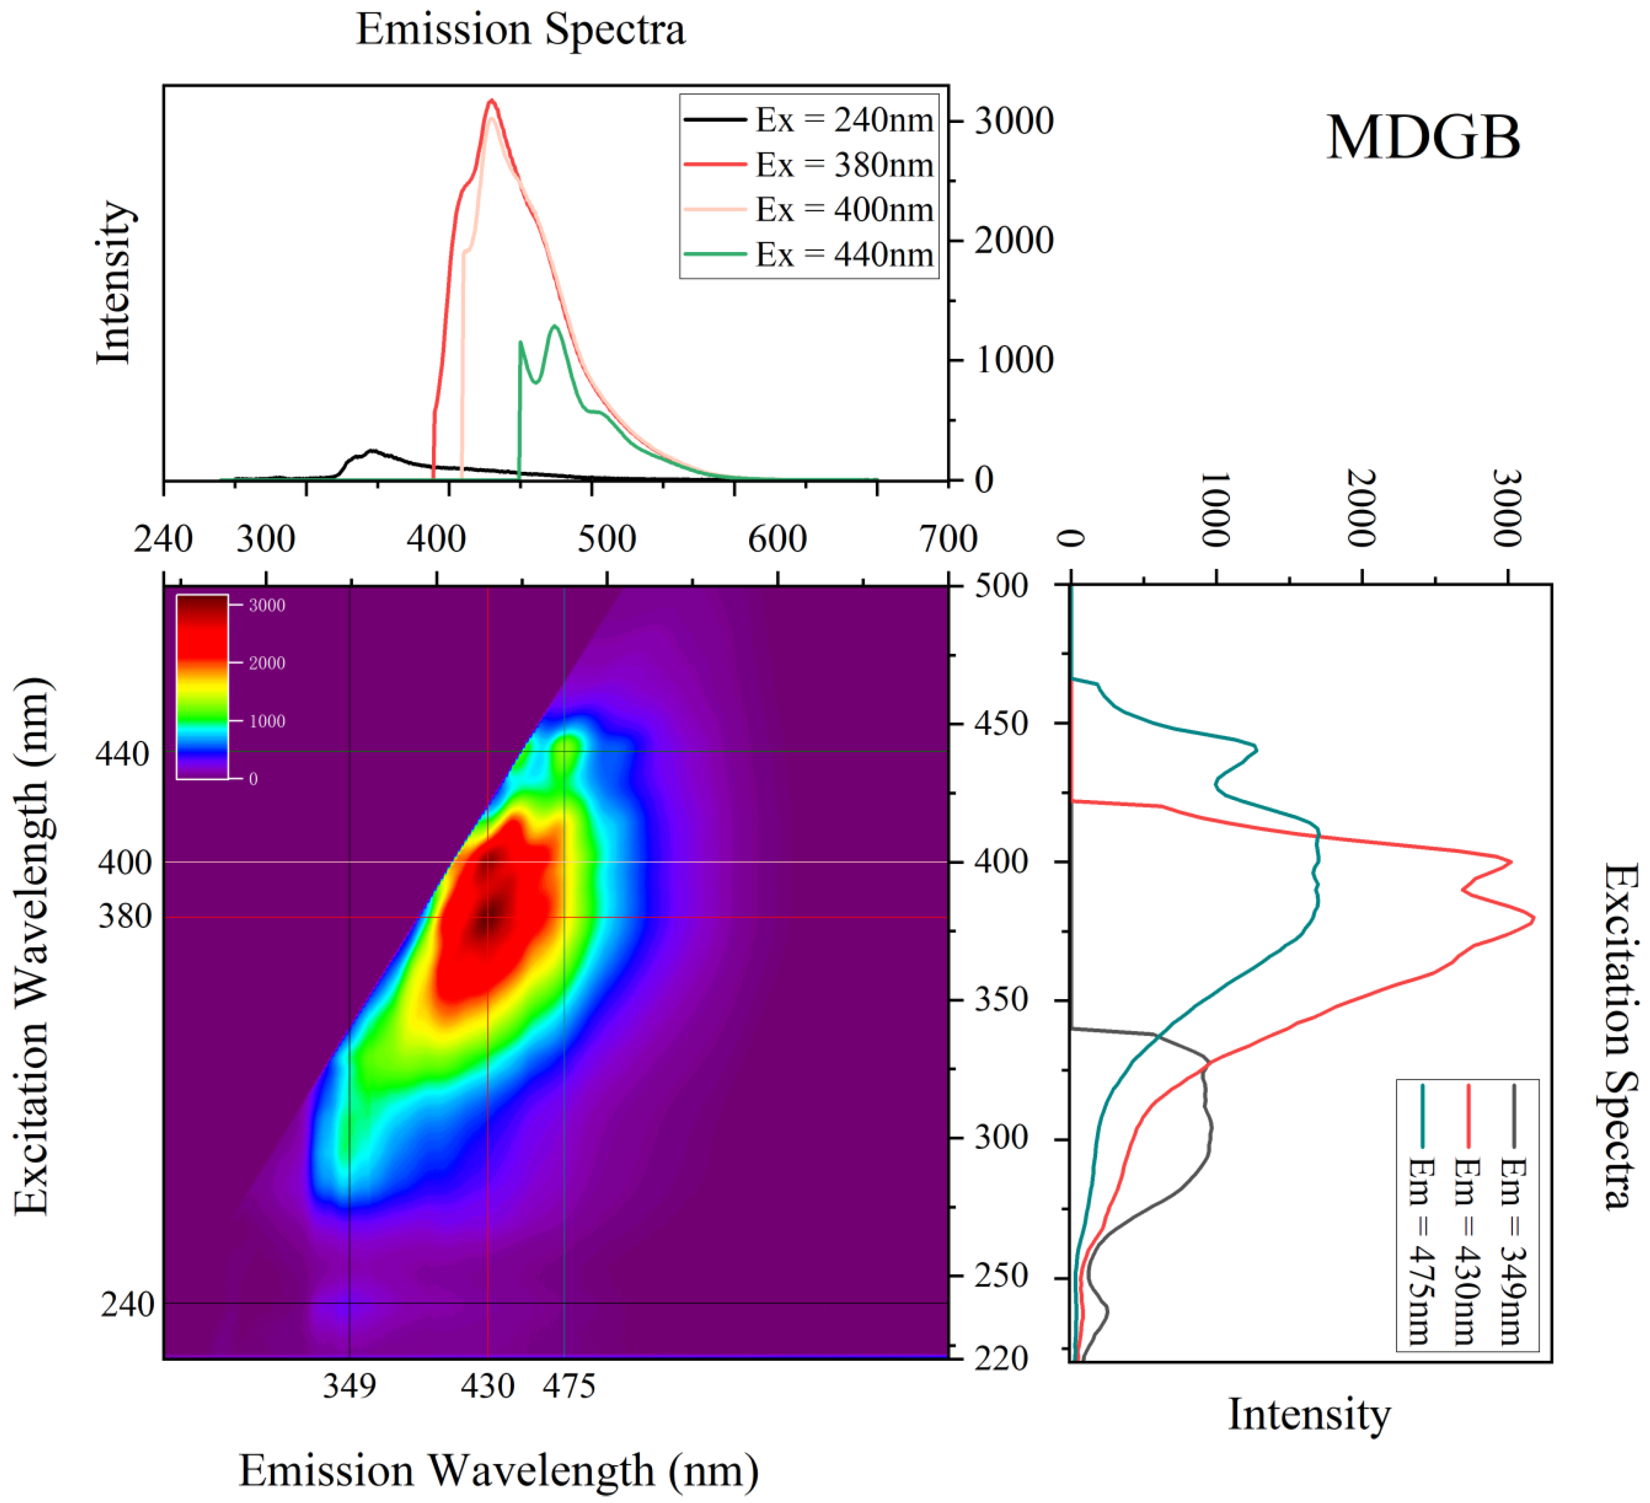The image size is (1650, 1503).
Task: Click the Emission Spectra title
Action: point(520,29)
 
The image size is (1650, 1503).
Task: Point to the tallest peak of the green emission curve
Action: point(556,327)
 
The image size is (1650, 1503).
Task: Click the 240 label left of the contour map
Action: point(127,1304)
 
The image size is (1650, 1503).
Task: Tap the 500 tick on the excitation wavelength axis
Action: point(1001,586)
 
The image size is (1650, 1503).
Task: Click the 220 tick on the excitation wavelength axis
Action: point(1001,1358)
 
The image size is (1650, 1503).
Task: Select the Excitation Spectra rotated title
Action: point(1619,1035)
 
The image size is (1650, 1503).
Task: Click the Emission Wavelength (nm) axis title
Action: point(499,1470)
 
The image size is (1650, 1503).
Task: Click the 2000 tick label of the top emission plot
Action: point(1013,241)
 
